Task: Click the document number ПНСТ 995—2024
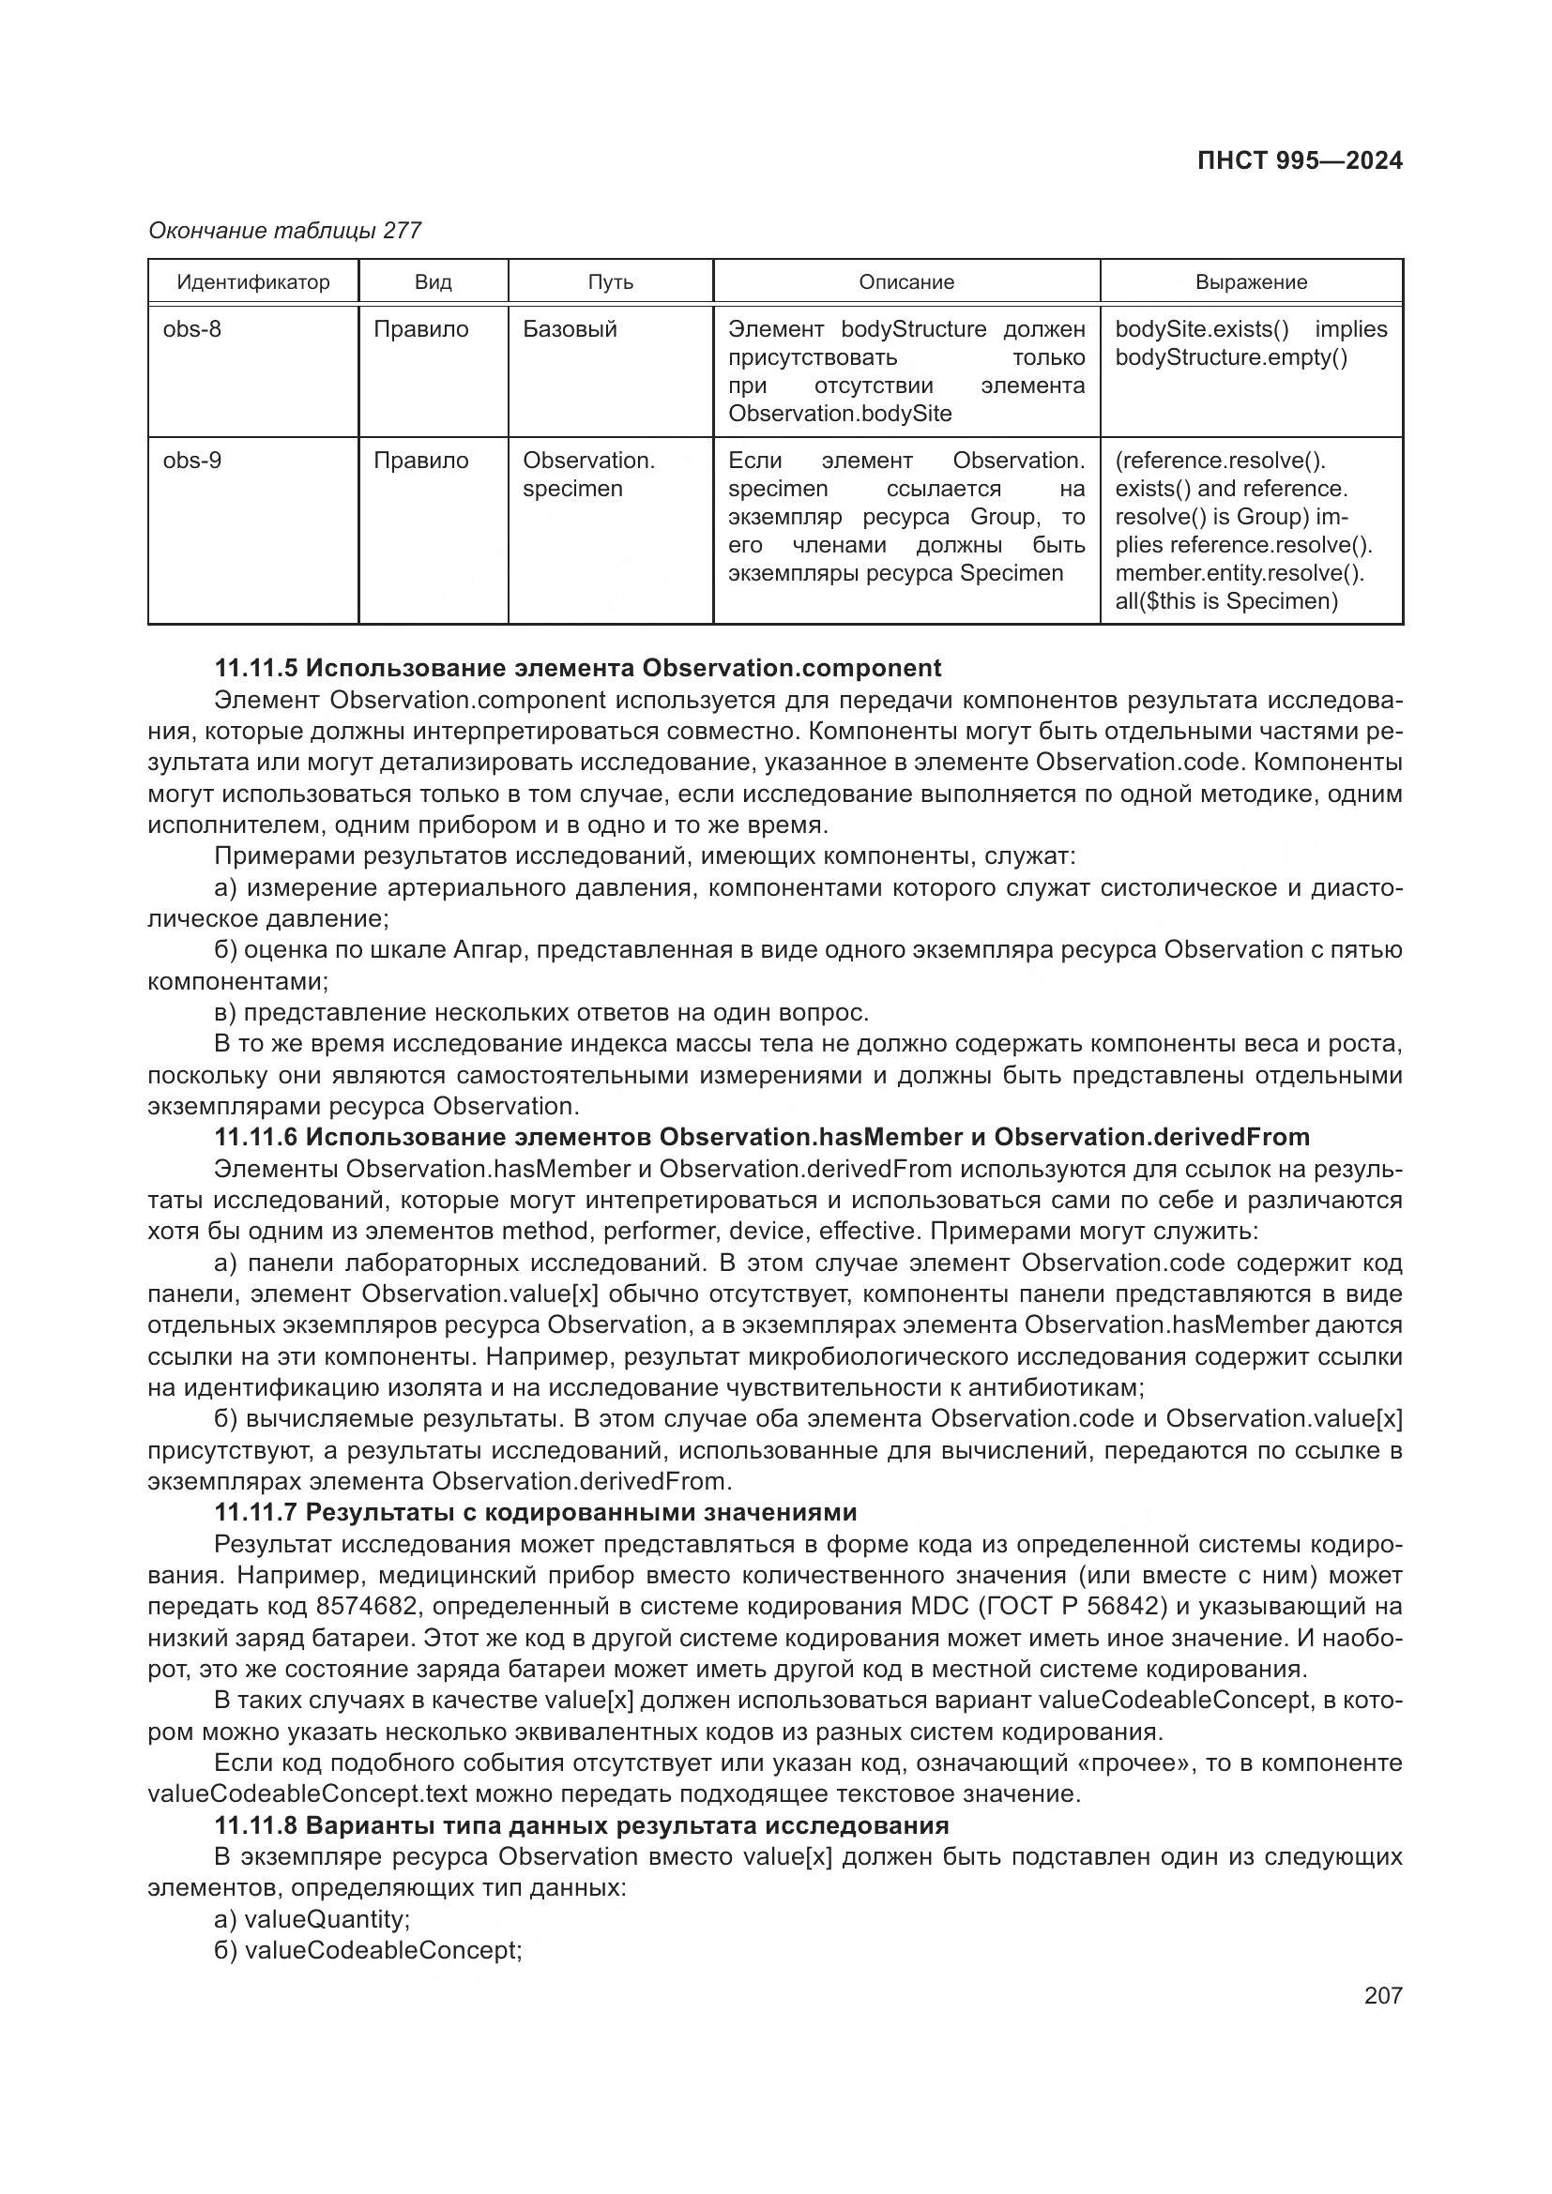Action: coord(1300,160)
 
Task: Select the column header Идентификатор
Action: coord(253,282)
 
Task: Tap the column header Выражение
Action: coord(1251,282)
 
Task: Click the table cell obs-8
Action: coord(192,329)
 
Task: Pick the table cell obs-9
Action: coord(192,461)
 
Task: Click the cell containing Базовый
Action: coord(570,329)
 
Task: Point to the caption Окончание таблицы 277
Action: coord(285,231)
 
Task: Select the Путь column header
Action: coord(611,282)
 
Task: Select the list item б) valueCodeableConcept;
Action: coord(368,1950)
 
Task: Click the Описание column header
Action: coord(906,282)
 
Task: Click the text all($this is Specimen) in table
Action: coord(1226,601)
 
